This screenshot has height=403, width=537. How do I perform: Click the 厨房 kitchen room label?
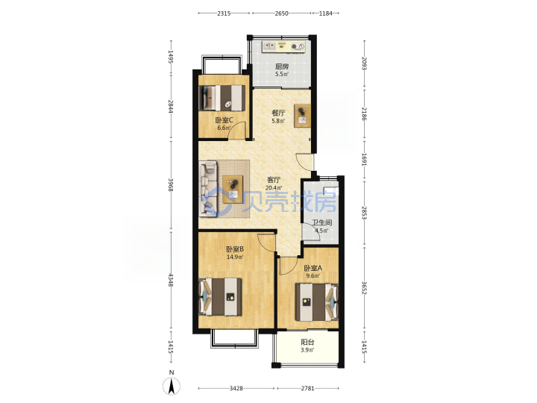coord(281,66)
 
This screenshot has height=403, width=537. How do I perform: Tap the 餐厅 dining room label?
coord(278,113)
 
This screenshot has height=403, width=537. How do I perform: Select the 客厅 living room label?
coord(274,180)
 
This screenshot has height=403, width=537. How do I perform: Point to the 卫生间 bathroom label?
coord(322,222)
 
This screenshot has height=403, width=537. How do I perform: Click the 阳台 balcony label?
coord(307,342)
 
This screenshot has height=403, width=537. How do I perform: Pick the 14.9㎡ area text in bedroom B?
coord(235,257)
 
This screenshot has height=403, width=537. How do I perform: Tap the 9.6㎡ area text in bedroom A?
coord(313,276)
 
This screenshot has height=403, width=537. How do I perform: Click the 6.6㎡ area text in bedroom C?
coord(224,128)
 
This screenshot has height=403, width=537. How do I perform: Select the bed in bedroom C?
coord(222,98)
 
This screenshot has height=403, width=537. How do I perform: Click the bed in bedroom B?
coord(221,297)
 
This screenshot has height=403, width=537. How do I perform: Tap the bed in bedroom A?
coord(317,302)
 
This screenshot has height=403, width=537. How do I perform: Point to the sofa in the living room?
coord(209,189)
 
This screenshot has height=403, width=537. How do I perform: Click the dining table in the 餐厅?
coord(302,116)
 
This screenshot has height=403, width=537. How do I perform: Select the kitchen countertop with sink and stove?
coord(283,46)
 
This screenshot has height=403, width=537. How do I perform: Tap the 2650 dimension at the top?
coord(281,13)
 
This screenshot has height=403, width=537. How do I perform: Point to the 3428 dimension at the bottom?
coord(236,388)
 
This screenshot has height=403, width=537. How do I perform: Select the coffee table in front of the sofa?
coord(233,189)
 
